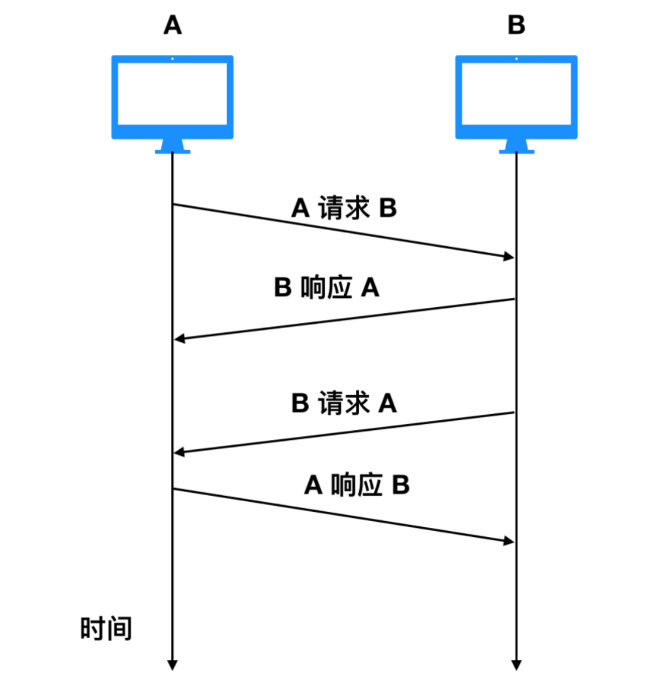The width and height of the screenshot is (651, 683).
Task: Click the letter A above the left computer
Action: pyautogui.click(x=173, y=26)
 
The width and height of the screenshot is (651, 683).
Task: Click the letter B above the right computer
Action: pyautogui.click(x=517, y=26)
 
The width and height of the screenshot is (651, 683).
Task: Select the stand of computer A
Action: pyautogui.click(x=173, y=146)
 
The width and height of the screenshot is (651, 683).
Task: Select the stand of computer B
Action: pyautogui.click(x=517, y=146)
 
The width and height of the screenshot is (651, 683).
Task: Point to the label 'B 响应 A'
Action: pyautogui.click(x=327, y=288)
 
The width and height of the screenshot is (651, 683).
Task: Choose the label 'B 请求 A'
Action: pyautogui.click(x=344, y=403)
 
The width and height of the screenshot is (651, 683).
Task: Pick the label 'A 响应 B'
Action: pyautogui.click(x=357, y=484)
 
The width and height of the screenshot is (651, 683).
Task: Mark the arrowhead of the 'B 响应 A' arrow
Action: pyautogui.click(x=180, y=338)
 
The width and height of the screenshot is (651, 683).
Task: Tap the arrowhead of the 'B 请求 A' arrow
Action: pyautogui.click(x=180, y=453)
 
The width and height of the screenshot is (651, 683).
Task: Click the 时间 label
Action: pyautogui.click(x=106, y=629)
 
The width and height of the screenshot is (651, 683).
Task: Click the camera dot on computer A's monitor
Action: pyautogui.click(x=173, y=59)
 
